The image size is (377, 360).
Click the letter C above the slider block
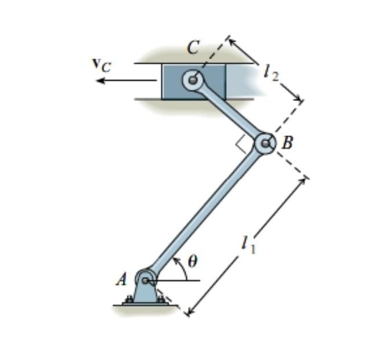[193, 49]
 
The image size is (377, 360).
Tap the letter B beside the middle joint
[287, 142]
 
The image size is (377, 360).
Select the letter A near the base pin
[121, 279]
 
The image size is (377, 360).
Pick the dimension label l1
[248, 245]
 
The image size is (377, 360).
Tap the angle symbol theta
[192, 261]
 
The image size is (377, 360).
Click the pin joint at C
[193, 79]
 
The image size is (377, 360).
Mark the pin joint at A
[145, 281]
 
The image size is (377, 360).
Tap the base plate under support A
[145, 303]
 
